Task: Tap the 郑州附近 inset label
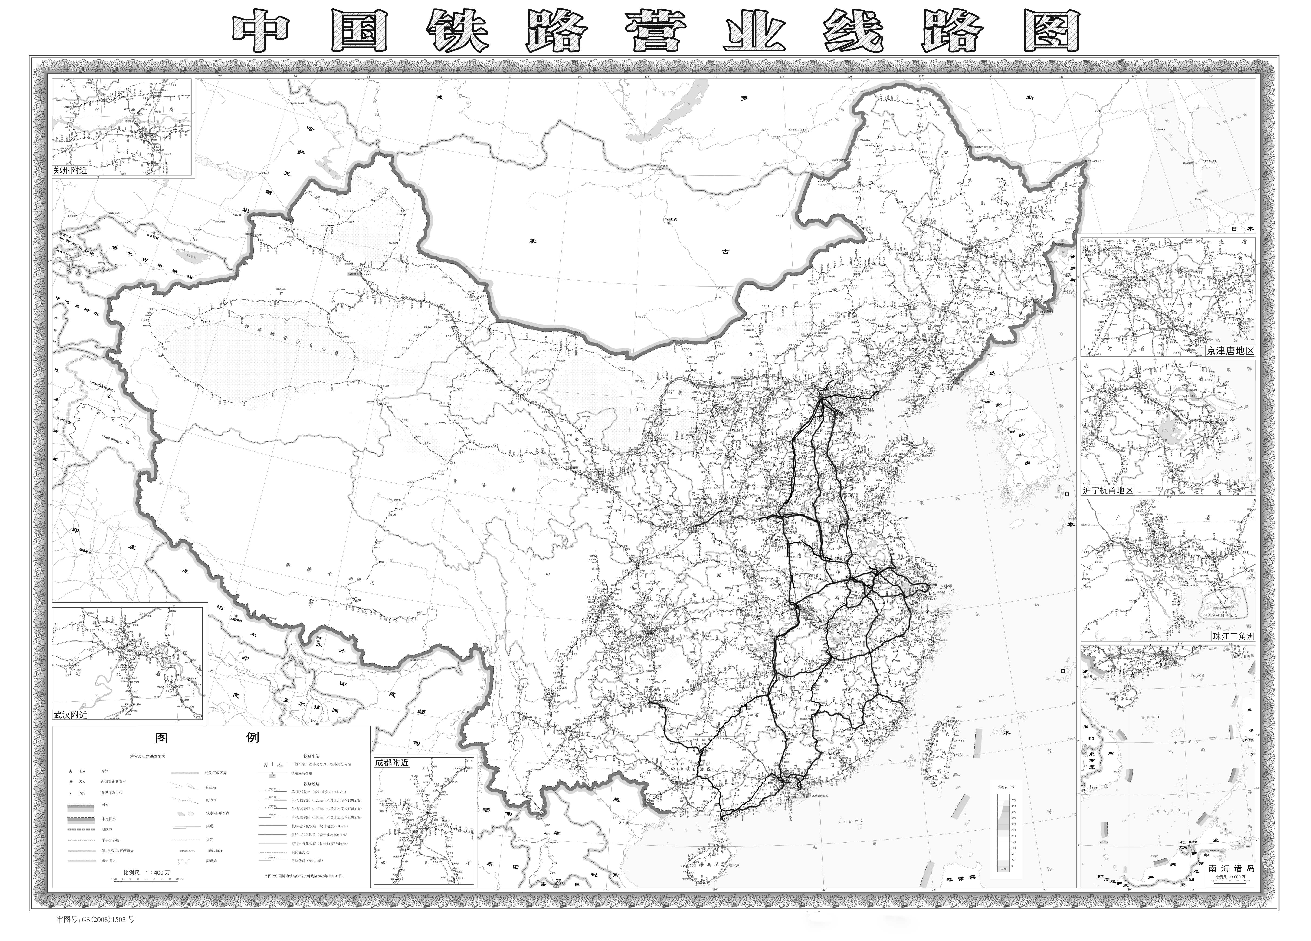pyautogui.click(x=71, y=171)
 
